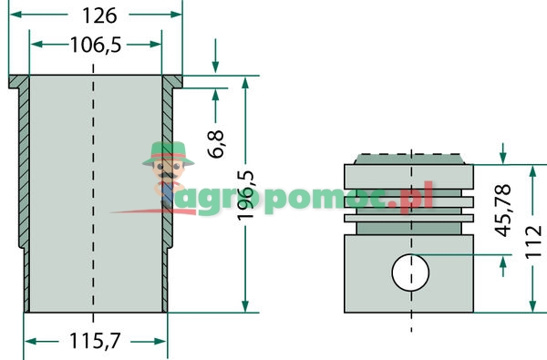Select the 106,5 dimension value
(96, 45)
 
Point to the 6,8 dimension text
(216, 144)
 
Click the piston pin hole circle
(411, 272)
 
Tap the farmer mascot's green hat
(165, 152)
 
